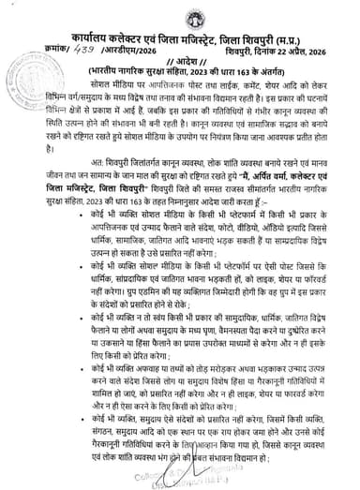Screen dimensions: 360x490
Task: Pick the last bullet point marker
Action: point(49,420)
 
